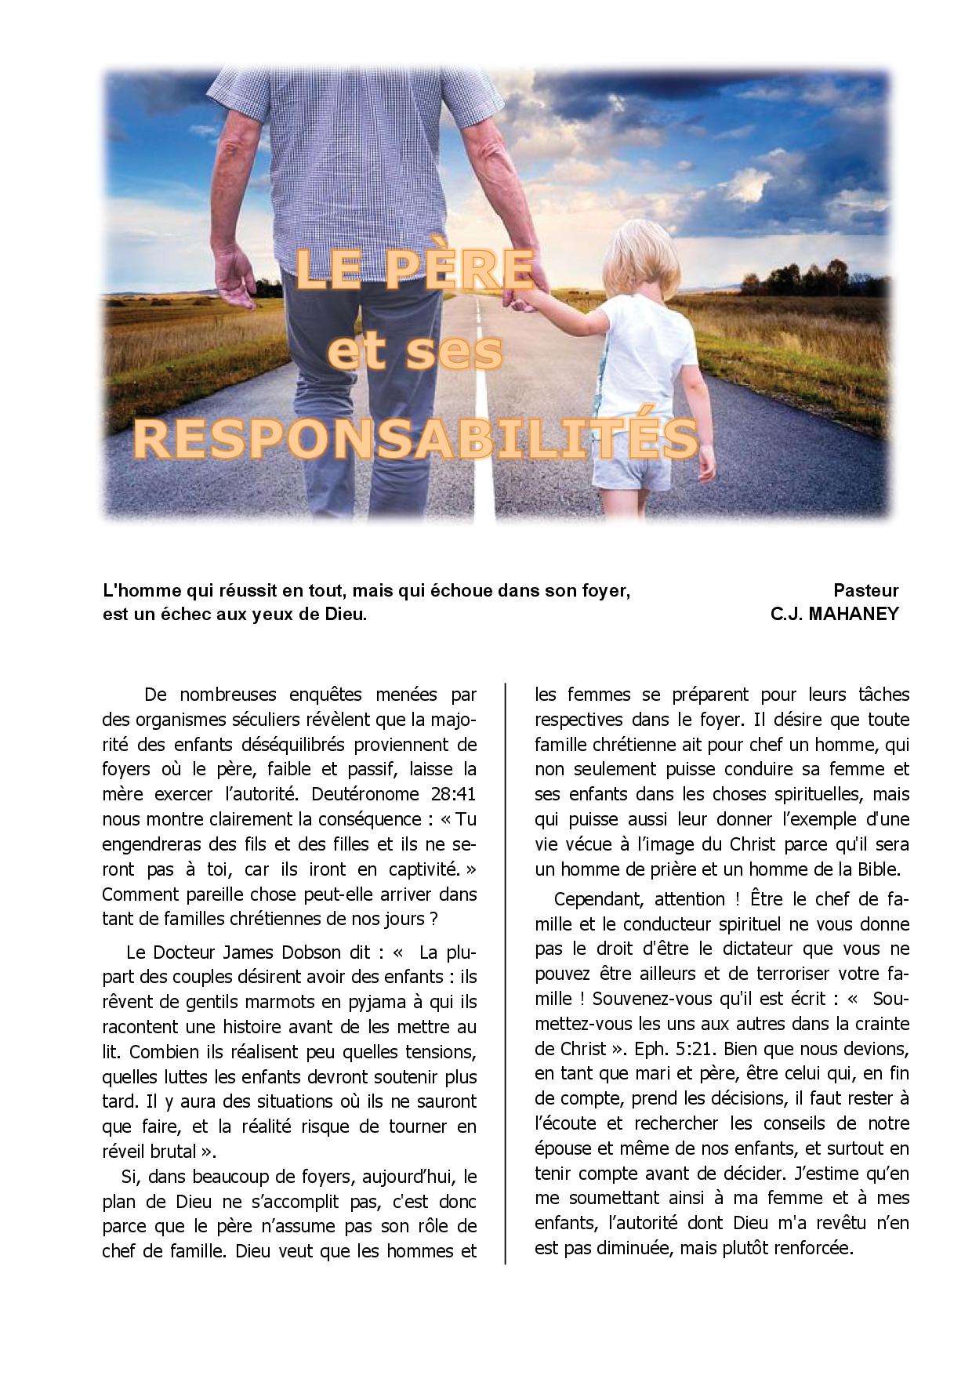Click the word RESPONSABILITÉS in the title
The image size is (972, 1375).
(415, 437)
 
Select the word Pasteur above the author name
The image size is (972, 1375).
(865, 590)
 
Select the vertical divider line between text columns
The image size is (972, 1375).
(506, 972)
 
